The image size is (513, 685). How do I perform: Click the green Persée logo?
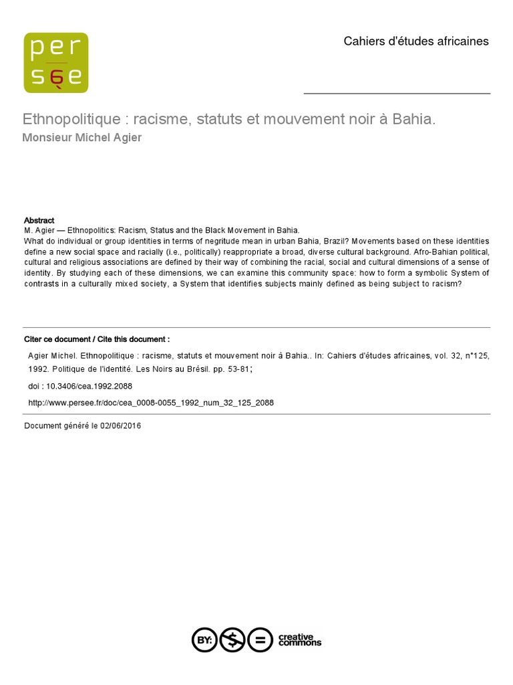click(x=56, y=63)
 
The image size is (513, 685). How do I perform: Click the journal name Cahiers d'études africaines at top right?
click(x=415, y=41)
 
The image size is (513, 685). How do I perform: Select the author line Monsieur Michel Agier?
click(x=82, y=138)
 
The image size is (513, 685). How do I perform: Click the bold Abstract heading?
click(x=39, y=220)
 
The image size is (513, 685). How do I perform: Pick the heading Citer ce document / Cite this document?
click(x=97, y=339)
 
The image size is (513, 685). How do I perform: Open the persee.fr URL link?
click(x=150, y=403)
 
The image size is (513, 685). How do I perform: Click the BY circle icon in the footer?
click(x=204, y=640)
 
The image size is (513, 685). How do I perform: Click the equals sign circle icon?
click(x=260, y=640)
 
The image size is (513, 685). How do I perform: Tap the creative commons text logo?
click(x=299, y=640)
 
